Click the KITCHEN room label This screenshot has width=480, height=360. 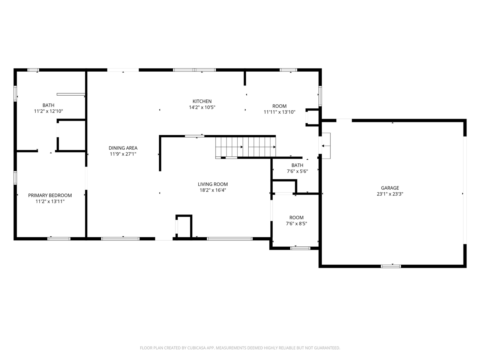click(x=202, y=101)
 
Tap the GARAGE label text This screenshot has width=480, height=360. click(x=390, y=188)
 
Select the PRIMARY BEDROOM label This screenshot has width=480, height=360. click(x=50, y=195)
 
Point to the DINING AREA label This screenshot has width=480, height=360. click(x=123, y=148)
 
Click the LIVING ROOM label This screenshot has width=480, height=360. click(x=213, y=184)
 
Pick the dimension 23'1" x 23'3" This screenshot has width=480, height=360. click(x=390, y=194)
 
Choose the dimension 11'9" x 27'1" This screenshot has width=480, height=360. click(x=123, y=154)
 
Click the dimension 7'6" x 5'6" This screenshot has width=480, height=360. click(x=297, y=171)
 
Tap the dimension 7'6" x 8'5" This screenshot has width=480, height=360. click(x=296, y=224)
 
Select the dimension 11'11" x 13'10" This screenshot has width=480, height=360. click(x=279, y=112)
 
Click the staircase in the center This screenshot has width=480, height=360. click(x=246, y=147)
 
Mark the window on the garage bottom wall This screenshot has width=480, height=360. click(x=391, y=266)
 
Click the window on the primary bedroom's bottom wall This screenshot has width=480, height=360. click(x=59, y=238)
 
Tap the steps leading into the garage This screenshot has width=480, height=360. click(x=326, y=145)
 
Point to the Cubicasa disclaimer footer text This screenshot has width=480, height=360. click(x=240, y=348)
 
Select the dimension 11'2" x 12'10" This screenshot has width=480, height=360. click(x=48, y=111)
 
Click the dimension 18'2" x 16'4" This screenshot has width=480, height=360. click(x=213, y=190)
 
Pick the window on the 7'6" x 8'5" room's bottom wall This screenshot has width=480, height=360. click(x=300, y=248)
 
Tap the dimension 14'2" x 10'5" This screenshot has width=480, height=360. click(x=202, y=108)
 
